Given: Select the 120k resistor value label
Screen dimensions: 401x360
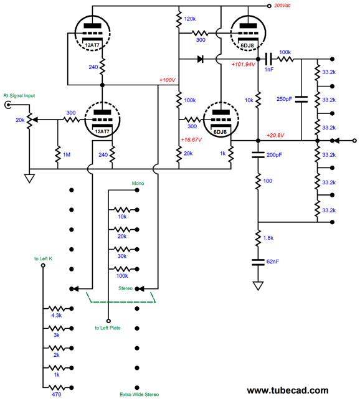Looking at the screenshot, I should click(191, 20).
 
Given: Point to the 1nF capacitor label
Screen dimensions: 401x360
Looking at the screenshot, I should click(268, 69).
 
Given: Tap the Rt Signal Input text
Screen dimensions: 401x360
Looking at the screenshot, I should click(19, 95).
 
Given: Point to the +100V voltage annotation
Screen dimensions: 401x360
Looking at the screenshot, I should click(168, 80).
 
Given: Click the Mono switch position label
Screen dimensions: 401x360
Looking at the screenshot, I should click(138, 184).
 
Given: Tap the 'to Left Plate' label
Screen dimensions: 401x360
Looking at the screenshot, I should click(108, 328).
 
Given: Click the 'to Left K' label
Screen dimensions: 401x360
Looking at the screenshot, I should click(43, 258).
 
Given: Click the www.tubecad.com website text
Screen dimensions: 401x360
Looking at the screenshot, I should click(287, 390).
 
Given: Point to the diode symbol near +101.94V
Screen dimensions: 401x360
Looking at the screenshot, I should click(201, 60).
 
